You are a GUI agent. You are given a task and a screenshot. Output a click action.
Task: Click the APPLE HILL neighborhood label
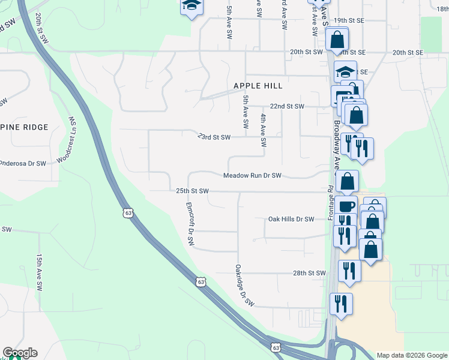[x=257, y=86]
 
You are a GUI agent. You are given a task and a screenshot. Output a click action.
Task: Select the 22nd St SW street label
[x=287, y=106]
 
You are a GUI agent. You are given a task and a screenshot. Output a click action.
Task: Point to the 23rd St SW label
[x=214, y=137]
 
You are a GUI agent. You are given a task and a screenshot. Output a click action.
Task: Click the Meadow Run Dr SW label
[x=252, y=176]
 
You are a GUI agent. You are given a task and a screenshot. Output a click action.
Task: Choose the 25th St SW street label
[x=192, y=191]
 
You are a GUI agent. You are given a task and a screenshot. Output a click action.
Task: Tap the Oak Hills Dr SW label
[x=291, y=220]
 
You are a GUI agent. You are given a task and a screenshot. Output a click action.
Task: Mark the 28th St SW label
[x=309, y=273]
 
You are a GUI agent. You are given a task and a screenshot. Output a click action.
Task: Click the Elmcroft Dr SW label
[x=190, y=224]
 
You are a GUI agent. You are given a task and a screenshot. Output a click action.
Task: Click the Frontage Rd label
[x=331, y=204]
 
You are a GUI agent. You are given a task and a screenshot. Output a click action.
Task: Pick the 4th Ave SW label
[x=263, y=131]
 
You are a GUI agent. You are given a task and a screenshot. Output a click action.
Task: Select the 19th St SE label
[x=349, y=20]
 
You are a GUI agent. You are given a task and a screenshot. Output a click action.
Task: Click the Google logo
[x=20, y=353]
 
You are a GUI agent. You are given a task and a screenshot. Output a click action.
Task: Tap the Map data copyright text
[x=412, y=355]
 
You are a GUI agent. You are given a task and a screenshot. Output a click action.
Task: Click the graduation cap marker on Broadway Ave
[x=345, y=72]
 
